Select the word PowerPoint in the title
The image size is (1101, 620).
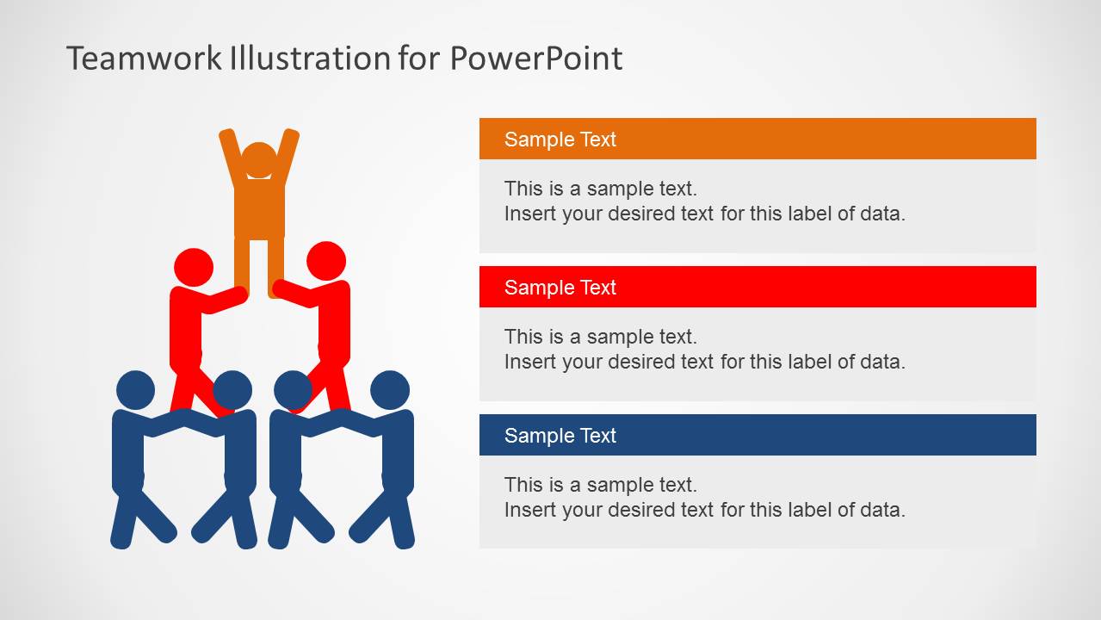tap(535, 59)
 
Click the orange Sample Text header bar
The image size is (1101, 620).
tap(758, 139)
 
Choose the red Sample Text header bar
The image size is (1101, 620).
tap(758, 287)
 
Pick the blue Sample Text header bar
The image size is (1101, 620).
tap(758, 435)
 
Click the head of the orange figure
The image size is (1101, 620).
tap(259, 161)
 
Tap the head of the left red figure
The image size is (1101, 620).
tap(194, 267)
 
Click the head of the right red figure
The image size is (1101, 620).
tap(326, 260)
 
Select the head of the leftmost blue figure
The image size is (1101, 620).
tap(135, 390)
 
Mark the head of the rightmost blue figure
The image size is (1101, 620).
tap(390, 390)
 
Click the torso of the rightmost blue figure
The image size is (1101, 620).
tap(398, 452)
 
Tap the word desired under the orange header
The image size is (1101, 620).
tap(660, 214)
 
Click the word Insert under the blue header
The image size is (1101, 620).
tap(529, 510)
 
